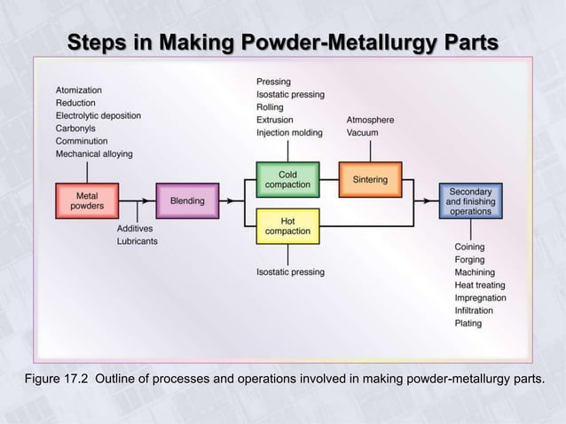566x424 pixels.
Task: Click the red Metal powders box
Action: pos(87,200)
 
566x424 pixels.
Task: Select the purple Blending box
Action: pos(187,200)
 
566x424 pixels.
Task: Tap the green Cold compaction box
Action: pos(287,180)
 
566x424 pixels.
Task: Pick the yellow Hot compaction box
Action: pos(287,225)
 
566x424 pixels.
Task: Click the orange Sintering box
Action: pos(370,180)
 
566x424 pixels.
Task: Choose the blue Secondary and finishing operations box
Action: pos(470,200)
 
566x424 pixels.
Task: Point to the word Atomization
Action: pos(79,90)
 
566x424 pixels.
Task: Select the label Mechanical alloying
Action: pos(94,153)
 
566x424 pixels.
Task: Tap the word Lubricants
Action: pos(138,241)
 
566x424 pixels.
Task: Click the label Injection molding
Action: pos(289,132)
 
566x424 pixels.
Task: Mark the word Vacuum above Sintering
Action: pos(362,132)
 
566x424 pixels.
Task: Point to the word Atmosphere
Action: pos(370,120)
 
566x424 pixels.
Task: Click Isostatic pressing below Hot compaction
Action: pos(290,271)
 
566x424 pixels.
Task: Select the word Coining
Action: pos(469,247)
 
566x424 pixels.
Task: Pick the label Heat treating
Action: pos(479,285)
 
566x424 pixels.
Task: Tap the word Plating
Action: pos(468,323)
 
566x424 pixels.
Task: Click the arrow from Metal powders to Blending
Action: pos(138,200)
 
